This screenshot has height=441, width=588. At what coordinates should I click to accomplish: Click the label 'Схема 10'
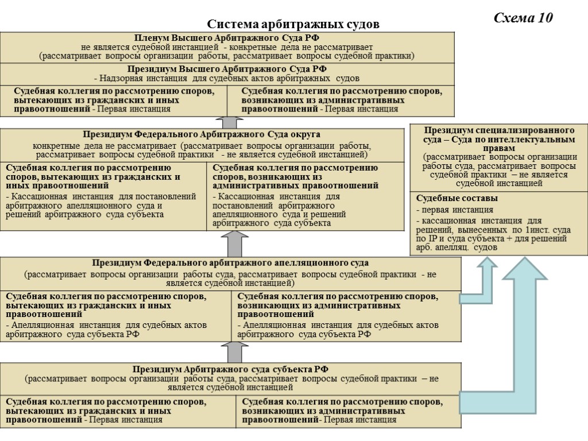(x=523, y=18)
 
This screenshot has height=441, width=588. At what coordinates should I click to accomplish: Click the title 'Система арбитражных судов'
(x=293, y=25)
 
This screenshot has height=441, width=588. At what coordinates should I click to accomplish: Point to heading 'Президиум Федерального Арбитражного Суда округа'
(x=201, y=135)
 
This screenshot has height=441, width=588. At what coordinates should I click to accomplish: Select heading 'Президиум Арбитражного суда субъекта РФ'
(x=230, y=369)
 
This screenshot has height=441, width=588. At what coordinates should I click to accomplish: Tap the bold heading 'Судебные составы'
(x=449, y=198)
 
